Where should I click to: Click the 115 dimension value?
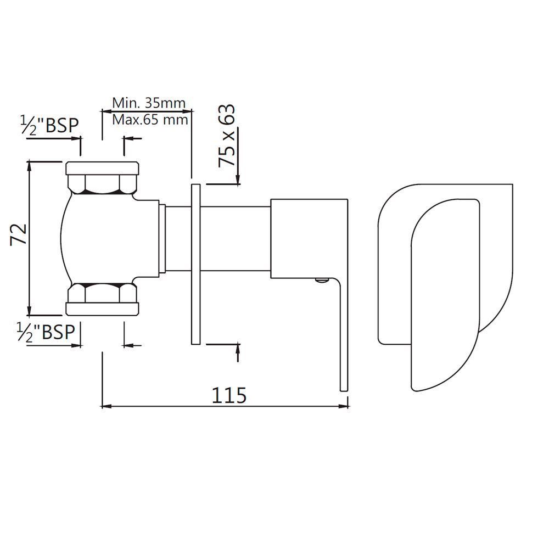click(229, 394)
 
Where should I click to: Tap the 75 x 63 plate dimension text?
click(227, 136)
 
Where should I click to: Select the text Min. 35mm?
click(148, 103)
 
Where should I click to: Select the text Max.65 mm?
click(150, 119)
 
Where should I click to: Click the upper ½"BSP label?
click(49, 125)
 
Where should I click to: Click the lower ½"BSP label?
click(47, 332)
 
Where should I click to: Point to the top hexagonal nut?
click(102, 184)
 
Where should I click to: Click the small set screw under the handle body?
click(321, 281)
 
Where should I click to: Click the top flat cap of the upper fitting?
click(102, 167)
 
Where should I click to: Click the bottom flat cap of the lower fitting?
click(102, 309)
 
